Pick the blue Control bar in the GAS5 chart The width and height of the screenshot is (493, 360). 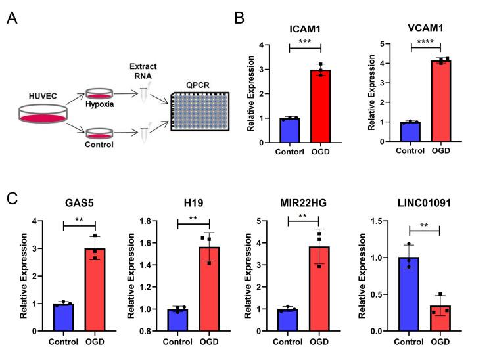64,317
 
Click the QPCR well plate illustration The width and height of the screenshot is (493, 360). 202,110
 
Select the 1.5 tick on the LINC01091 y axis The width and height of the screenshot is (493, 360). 388,221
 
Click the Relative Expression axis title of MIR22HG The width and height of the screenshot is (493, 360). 260,276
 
